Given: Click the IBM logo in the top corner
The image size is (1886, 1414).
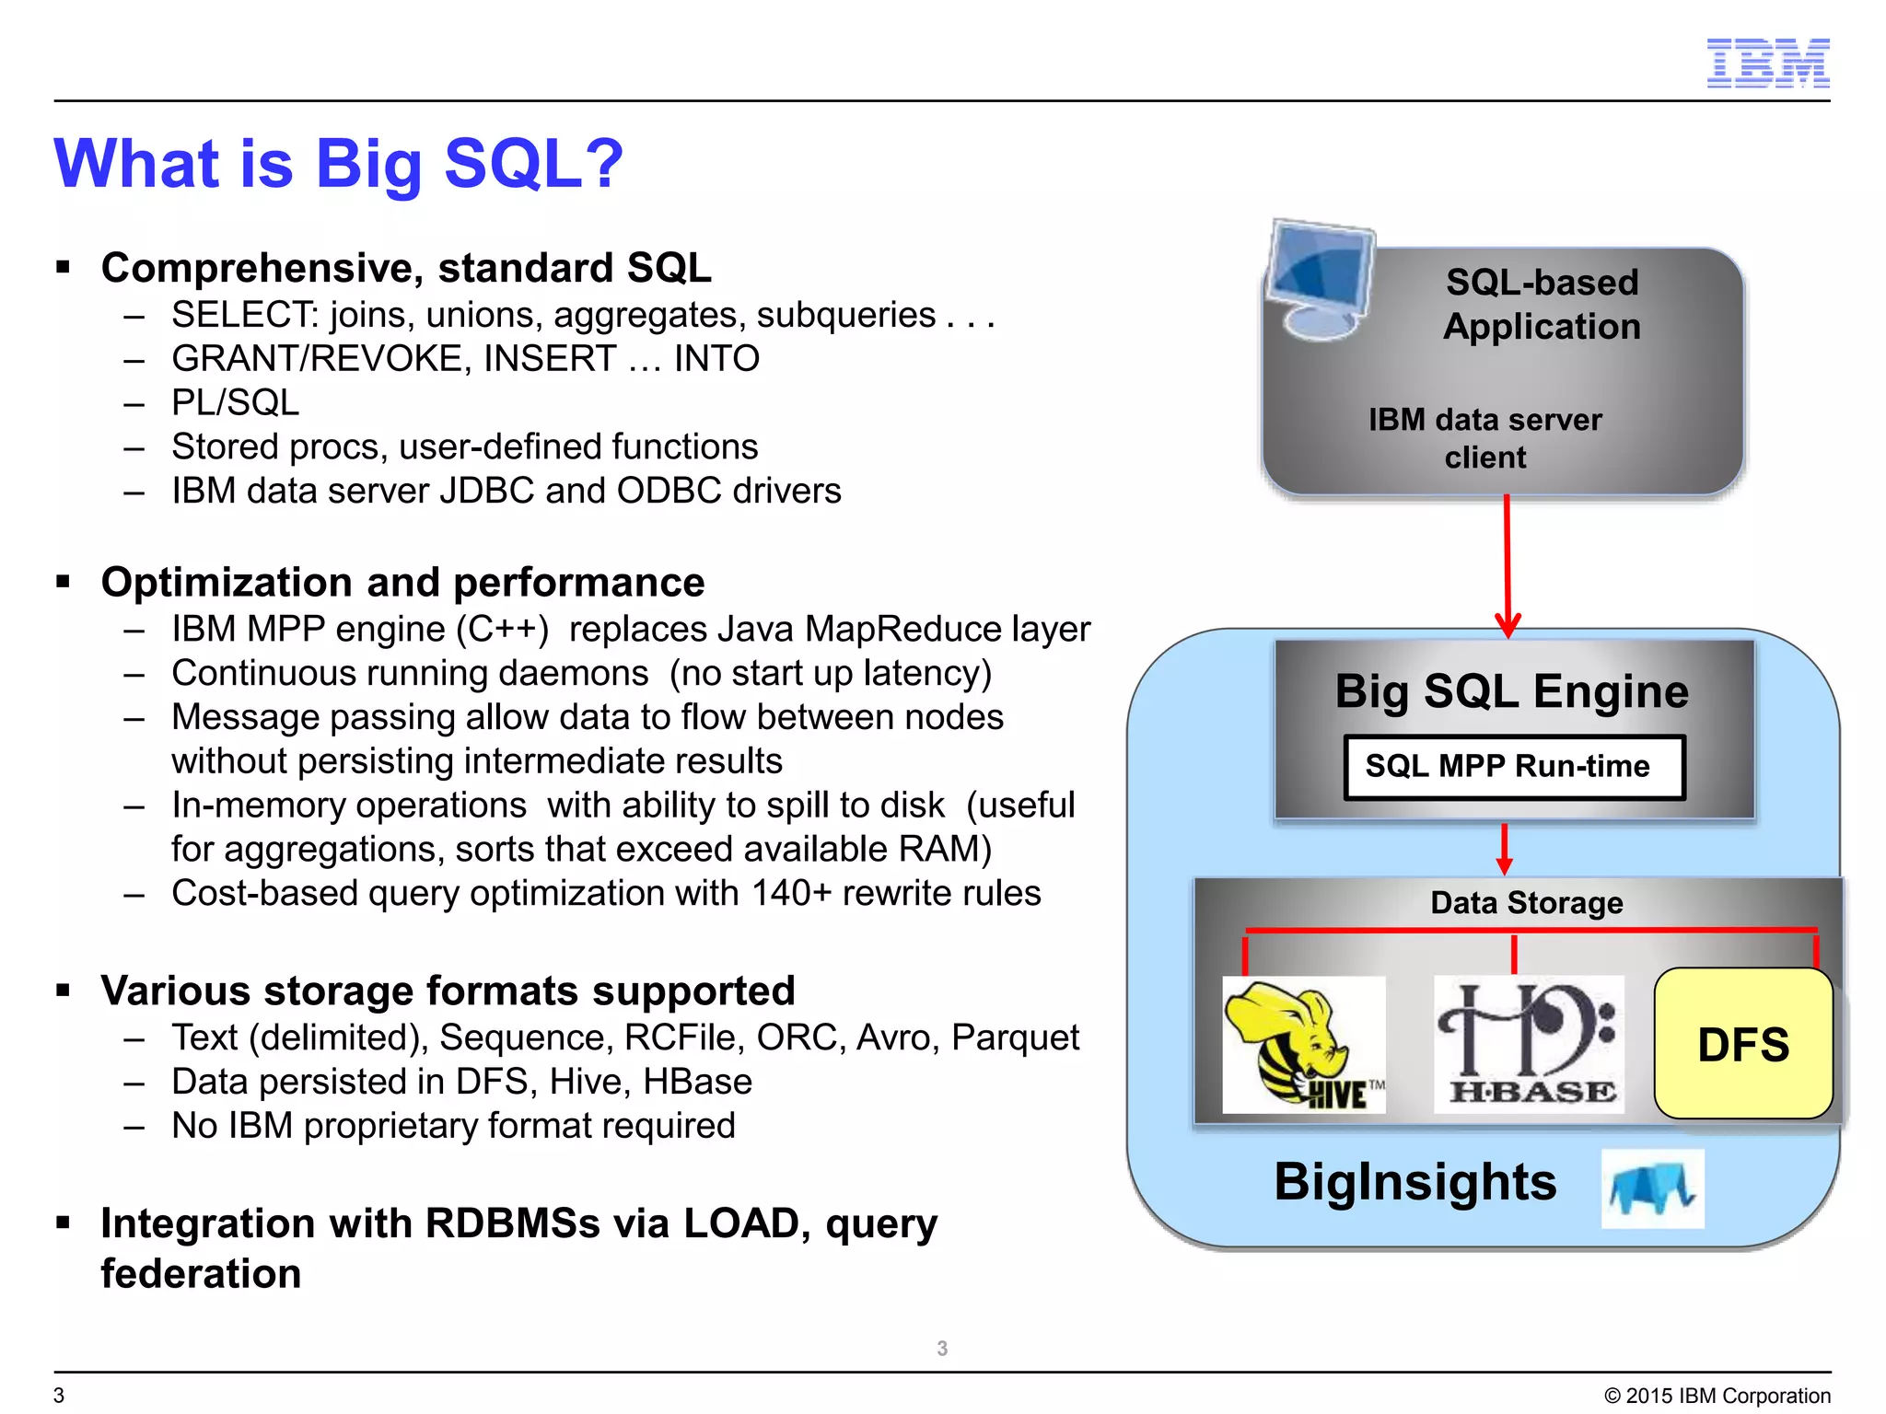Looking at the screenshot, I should [x=1767, y=64].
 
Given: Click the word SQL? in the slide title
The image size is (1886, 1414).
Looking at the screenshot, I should [x=533, y=164].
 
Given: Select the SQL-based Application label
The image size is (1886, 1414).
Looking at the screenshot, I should [x=1542, y=304].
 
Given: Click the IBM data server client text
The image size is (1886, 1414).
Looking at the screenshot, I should [x=1484, y=438].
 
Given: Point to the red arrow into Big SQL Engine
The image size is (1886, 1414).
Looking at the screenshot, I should [x=1507, y=565].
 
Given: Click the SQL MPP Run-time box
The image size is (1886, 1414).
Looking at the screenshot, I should [x=1513, y=766].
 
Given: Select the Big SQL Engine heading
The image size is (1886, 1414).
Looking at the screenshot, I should [x=1511, y=690].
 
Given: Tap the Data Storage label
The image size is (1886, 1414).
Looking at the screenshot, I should [x=1526, y=902].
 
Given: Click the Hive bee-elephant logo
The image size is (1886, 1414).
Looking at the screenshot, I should [x=1303, y=1045].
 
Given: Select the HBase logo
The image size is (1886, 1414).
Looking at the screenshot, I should [x=1529, y=1045].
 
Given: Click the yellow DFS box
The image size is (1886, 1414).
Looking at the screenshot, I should [x=1742, y=1044].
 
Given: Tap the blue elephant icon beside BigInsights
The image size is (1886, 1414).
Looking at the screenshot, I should [x=1652, y=1188].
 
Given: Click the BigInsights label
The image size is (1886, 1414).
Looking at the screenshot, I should [x=1414, y=1182].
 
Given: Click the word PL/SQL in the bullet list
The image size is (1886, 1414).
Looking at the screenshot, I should [x=235, y=403].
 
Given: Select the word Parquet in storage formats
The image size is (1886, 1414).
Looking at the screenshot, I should [x=1015, y=1037].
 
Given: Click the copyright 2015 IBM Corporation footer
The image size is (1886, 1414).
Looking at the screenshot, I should [x=1717, y=1396].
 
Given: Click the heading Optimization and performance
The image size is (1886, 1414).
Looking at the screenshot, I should [x=402, y=583].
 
